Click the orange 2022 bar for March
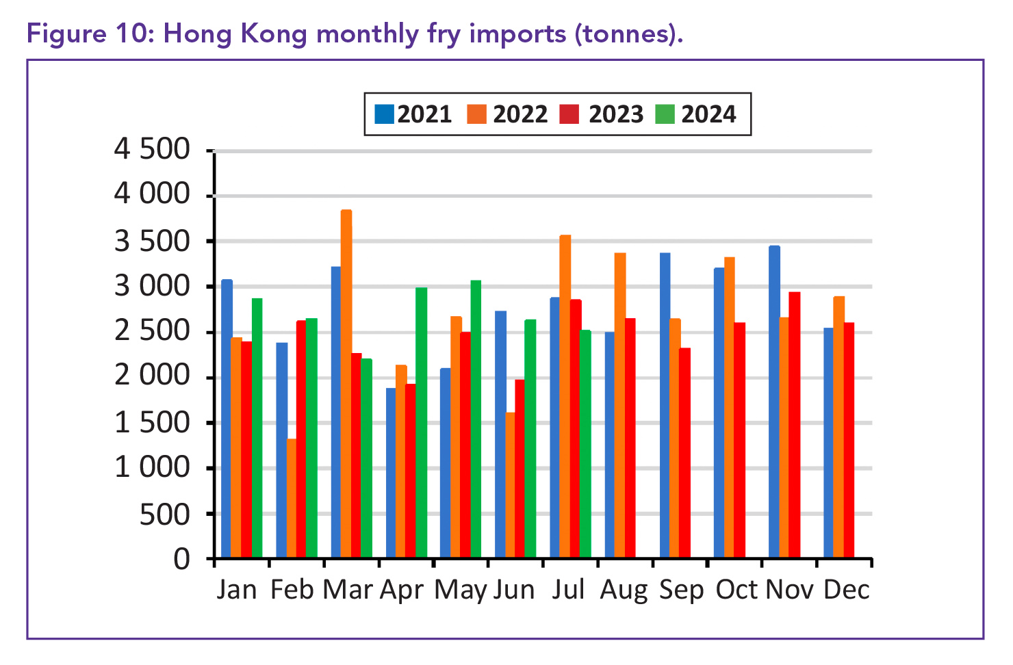[x=346, y=383]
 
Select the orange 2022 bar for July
[x=565, y=396]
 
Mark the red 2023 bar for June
[x=520, y=468]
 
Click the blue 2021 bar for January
[x=227, y=418]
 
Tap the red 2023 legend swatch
[x=569, y=114]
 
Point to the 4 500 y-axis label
[x=152, y=149]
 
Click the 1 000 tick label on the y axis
[x=152, y=468]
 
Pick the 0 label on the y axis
[x=181, y=560]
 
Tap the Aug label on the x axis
[x=624, y=590]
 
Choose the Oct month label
[x=736, y=590]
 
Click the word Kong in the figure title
[x=274, y=34]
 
